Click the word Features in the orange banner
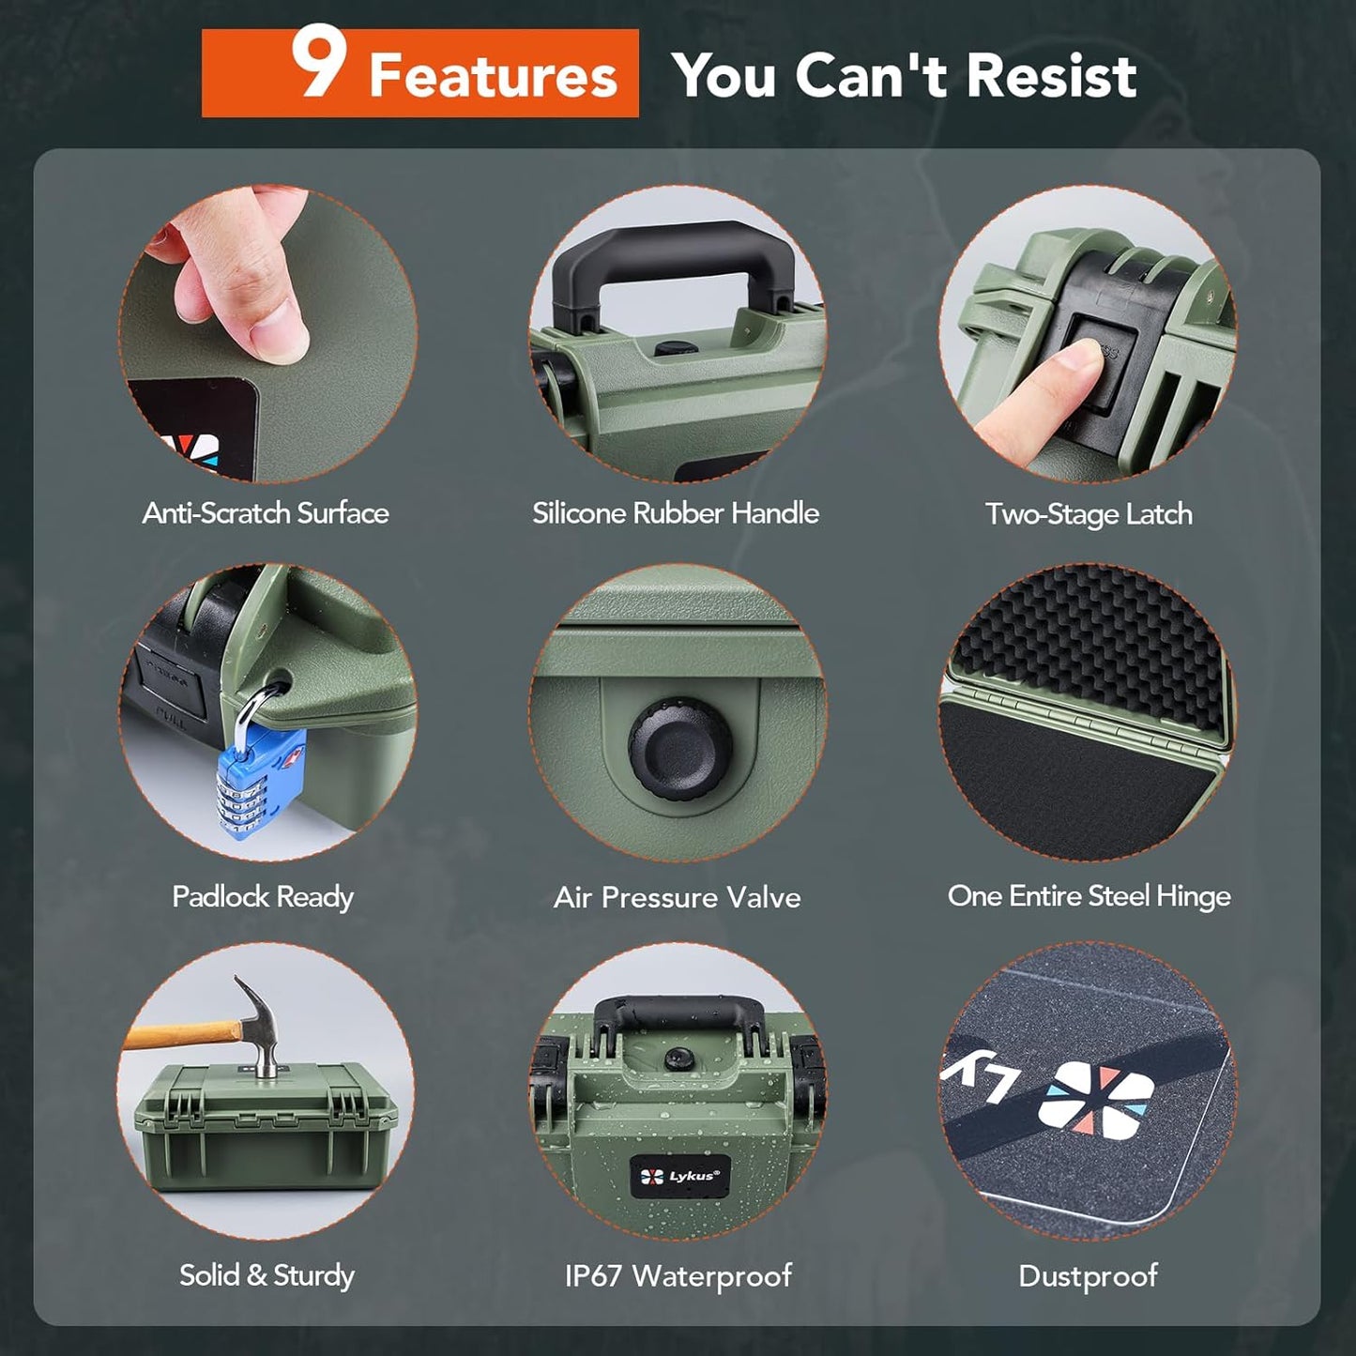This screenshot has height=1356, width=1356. click(493, 76)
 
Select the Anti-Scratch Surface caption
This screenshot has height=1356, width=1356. click(266, 513)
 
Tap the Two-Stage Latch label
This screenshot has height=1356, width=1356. click(1089, 514)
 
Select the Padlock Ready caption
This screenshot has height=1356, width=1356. click(263, 896)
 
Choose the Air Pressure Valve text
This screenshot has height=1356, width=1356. click(678, 898)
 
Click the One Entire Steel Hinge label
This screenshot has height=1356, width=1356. click(1089, 896)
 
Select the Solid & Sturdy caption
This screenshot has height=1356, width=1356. click(267, 1275)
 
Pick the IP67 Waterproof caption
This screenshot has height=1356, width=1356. click(678, 1276)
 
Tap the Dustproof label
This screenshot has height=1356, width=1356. click(1089, 1276)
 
